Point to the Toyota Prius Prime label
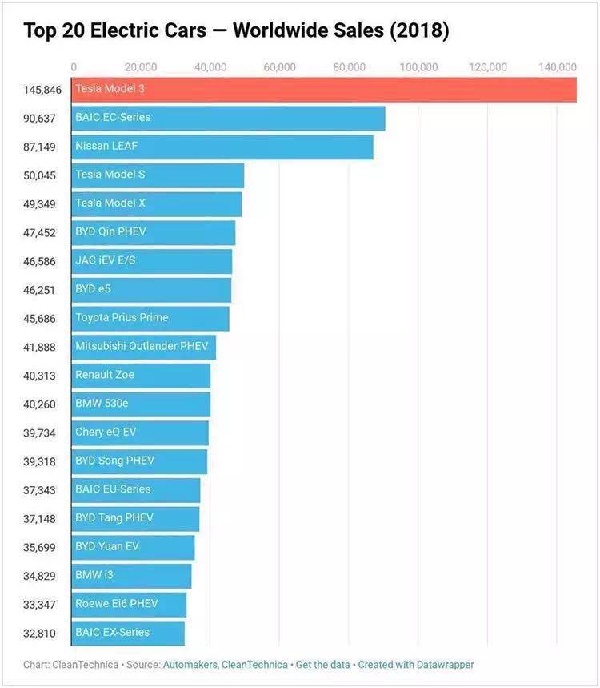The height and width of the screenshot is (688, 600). (x=122, y=317)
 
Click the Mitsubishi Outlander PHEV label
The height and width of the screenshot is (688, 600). (x=142, y=346)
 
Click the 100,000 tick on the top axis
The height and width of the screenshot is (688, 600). (x=418, y=67)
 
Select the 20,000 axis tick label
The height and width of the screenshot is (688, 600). (x=141, y=67)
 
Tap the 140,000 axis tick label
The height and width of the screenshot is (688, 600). (x=557, y=67)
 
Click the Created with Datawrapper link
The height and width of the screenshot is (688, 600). (x=416, y=665)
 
